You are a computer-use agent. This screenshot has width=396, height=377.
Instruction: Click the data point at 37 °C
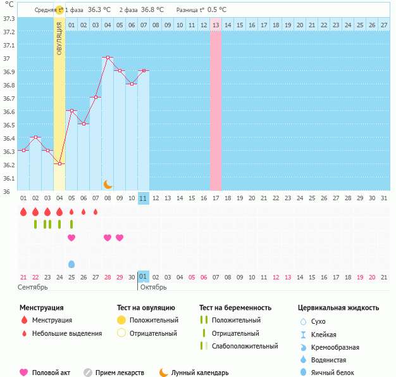pyautogui.click(x=108, y=58)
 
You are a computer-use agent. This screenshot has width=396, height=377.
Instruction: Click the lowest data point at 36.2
pyautogui.click(x=59, y=163)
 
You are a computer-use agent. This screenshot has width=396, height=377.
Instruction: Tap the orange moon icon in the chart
pyautogui.click(x=108, y=184)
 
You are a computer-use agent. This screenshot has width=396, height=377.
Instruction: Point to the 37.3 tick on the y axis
pyautogui.click(x=9, y=18)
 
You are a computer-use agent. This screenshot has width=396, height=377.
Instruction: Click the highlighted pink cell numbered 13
pyautogui.click(x=216, y=25)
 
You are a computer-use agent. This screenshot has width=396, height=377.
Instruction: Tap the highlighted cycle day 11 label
pyautogui.click(x=144, y=198)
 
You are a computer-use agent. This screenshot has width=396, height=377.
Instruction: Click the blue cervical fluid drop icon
pyautogui.click(x=71, y=264)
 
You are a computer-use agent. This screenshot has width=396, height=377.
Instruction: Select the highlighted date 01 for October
pyautogui.click(x=144, y=277)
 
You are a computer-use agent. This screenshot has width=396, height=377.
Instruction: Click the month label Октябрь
pyautogui.click(x=153, y=288)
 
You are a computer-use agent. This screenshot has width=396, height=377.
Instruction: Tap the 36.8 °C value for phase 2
pyautogui.click(x=152, y=10)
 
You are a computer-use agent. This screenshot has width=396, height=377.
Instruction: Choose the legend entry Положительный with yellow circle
pyautogui.click(x=154, y=320)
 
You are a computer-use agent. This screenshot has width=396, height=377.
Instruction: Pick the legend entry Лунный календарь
pyautogui.click(x=199, y=373)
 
